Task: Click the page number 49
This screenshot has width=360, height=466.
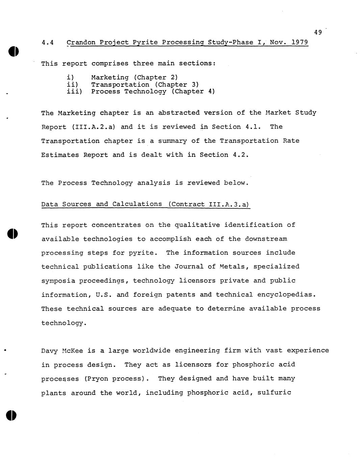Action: [x=317, y=32]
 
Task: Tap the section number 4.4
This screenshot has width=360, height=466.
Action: [x=48, y=43]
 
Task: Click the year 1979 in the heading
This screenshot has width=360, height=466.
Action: [x=300, y=43]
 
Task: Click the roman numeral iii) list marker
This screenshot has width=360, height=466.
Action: [x=75, y=92]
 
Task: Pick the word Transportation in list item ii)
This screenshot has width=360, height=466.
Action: [x=120, y=85]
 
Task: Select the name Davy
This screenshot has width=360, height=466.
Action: [x=50, y=351]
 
